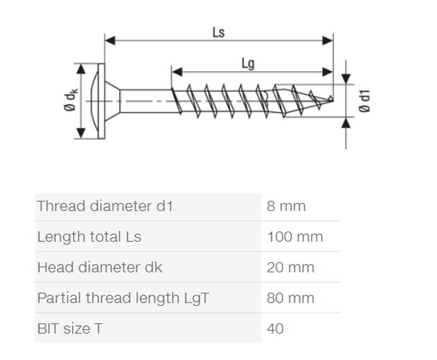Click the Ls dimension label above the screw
coord(218,32)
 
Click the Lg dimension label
coord(248,64)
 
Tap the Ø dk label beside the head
coord(71,100)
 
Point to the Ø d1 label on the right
coord(364,101)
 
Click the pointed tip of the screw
coord(332,100)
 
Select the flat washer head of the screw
coord(102,101)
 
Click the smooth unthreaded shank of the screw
coord(146,101)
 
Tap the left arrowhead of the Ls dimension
coord(110,40)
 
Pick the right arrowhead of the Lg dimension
coord(327,72)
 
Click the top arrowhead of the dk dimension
coord(81,69)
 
